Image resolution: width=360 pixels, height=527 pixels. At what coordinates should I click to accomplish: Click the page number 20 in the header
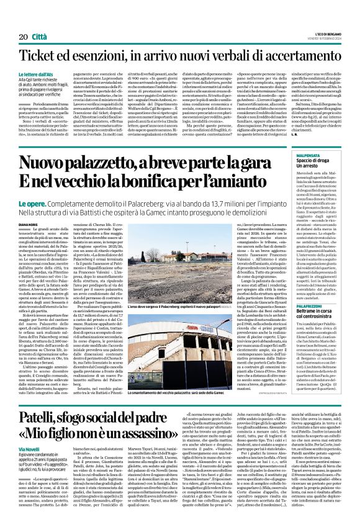click(x=24, y=20)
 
